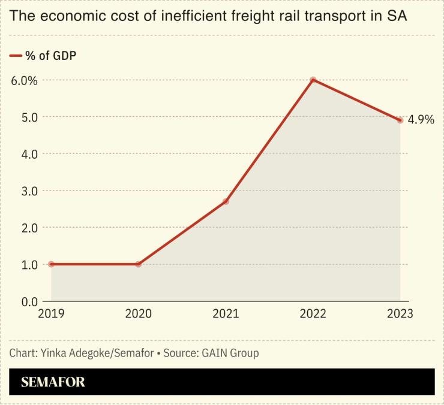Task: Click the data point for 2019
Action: pos(51,264)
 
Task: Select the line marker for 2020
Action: pos(139,264)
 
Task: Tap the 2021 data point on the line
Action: pos(226,201)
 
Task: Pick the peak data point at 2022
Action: pos(313,80)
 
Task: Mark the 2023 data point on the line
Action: pos(400,120)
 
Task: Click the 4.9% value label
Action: pos(421,120)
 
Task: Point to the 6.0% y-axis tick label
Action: pos(25,80)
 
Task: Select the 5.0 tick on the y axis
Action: pos(25,117)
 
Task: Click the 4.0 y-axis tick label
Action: pos(25,154)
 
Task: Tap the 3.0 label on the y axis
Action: pos(25,191)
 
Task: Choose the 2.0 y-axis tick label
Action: pos(25,228)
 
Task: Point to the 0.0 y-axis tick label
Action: pos(25,301)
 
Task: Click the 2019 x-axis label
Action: pos(51,314)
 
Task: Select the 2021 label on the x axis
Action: pos(226,314)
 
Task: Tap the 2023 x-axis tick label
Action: pos(400,314)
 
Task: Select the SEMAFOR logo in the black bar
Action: pos(53,382)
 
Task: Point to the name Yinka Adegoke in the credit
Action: pos(77,353)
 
